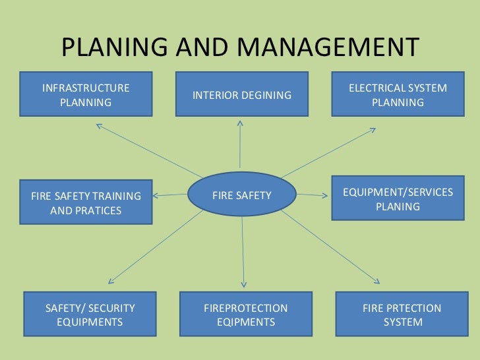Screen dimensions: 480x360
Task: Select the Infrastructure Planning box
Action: [x=86, y=95]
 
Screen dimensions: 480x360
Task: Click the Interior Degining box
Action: [x=241, y=95]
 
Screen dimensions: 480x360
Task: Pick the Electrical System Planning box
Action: [x=397, y=95]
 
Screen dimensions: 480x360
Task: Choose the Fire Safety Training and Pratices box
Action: [x=86, y=203]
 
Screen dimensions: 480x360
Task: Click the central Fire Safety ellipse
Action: [x=241, y=195]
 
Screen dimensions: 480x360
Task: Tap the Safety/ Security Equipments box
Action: [x=90, y=315]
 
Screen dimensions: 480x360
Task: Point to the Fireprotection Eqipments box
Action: [x=245, y=315]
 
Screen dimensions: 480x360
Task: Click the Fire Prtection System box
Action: [x=402, y=315]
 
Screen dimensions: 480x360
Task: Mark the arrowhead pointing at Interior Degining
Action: [x=240, y=123]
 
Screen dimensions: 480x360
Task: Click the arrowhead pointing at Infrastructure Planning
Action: [x=99, y=125]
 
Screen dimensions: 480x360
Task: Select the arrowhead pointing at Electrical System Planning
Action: [x=373, y=131]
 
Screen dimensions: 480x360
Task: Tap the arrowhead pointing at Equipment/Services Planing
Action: [x=324, y=195]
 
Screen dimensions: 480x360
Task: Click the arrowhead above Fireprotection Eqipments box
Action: [x=245, y=284]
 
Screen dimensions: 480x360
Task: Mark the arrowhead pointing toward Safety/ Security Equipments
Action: [x=111, y=280]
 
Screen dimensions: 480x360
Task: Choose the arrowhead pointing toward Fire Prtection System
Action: [x=378, y=280]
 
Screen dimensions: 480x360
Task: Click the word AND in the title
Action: [x=199, y=47]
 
